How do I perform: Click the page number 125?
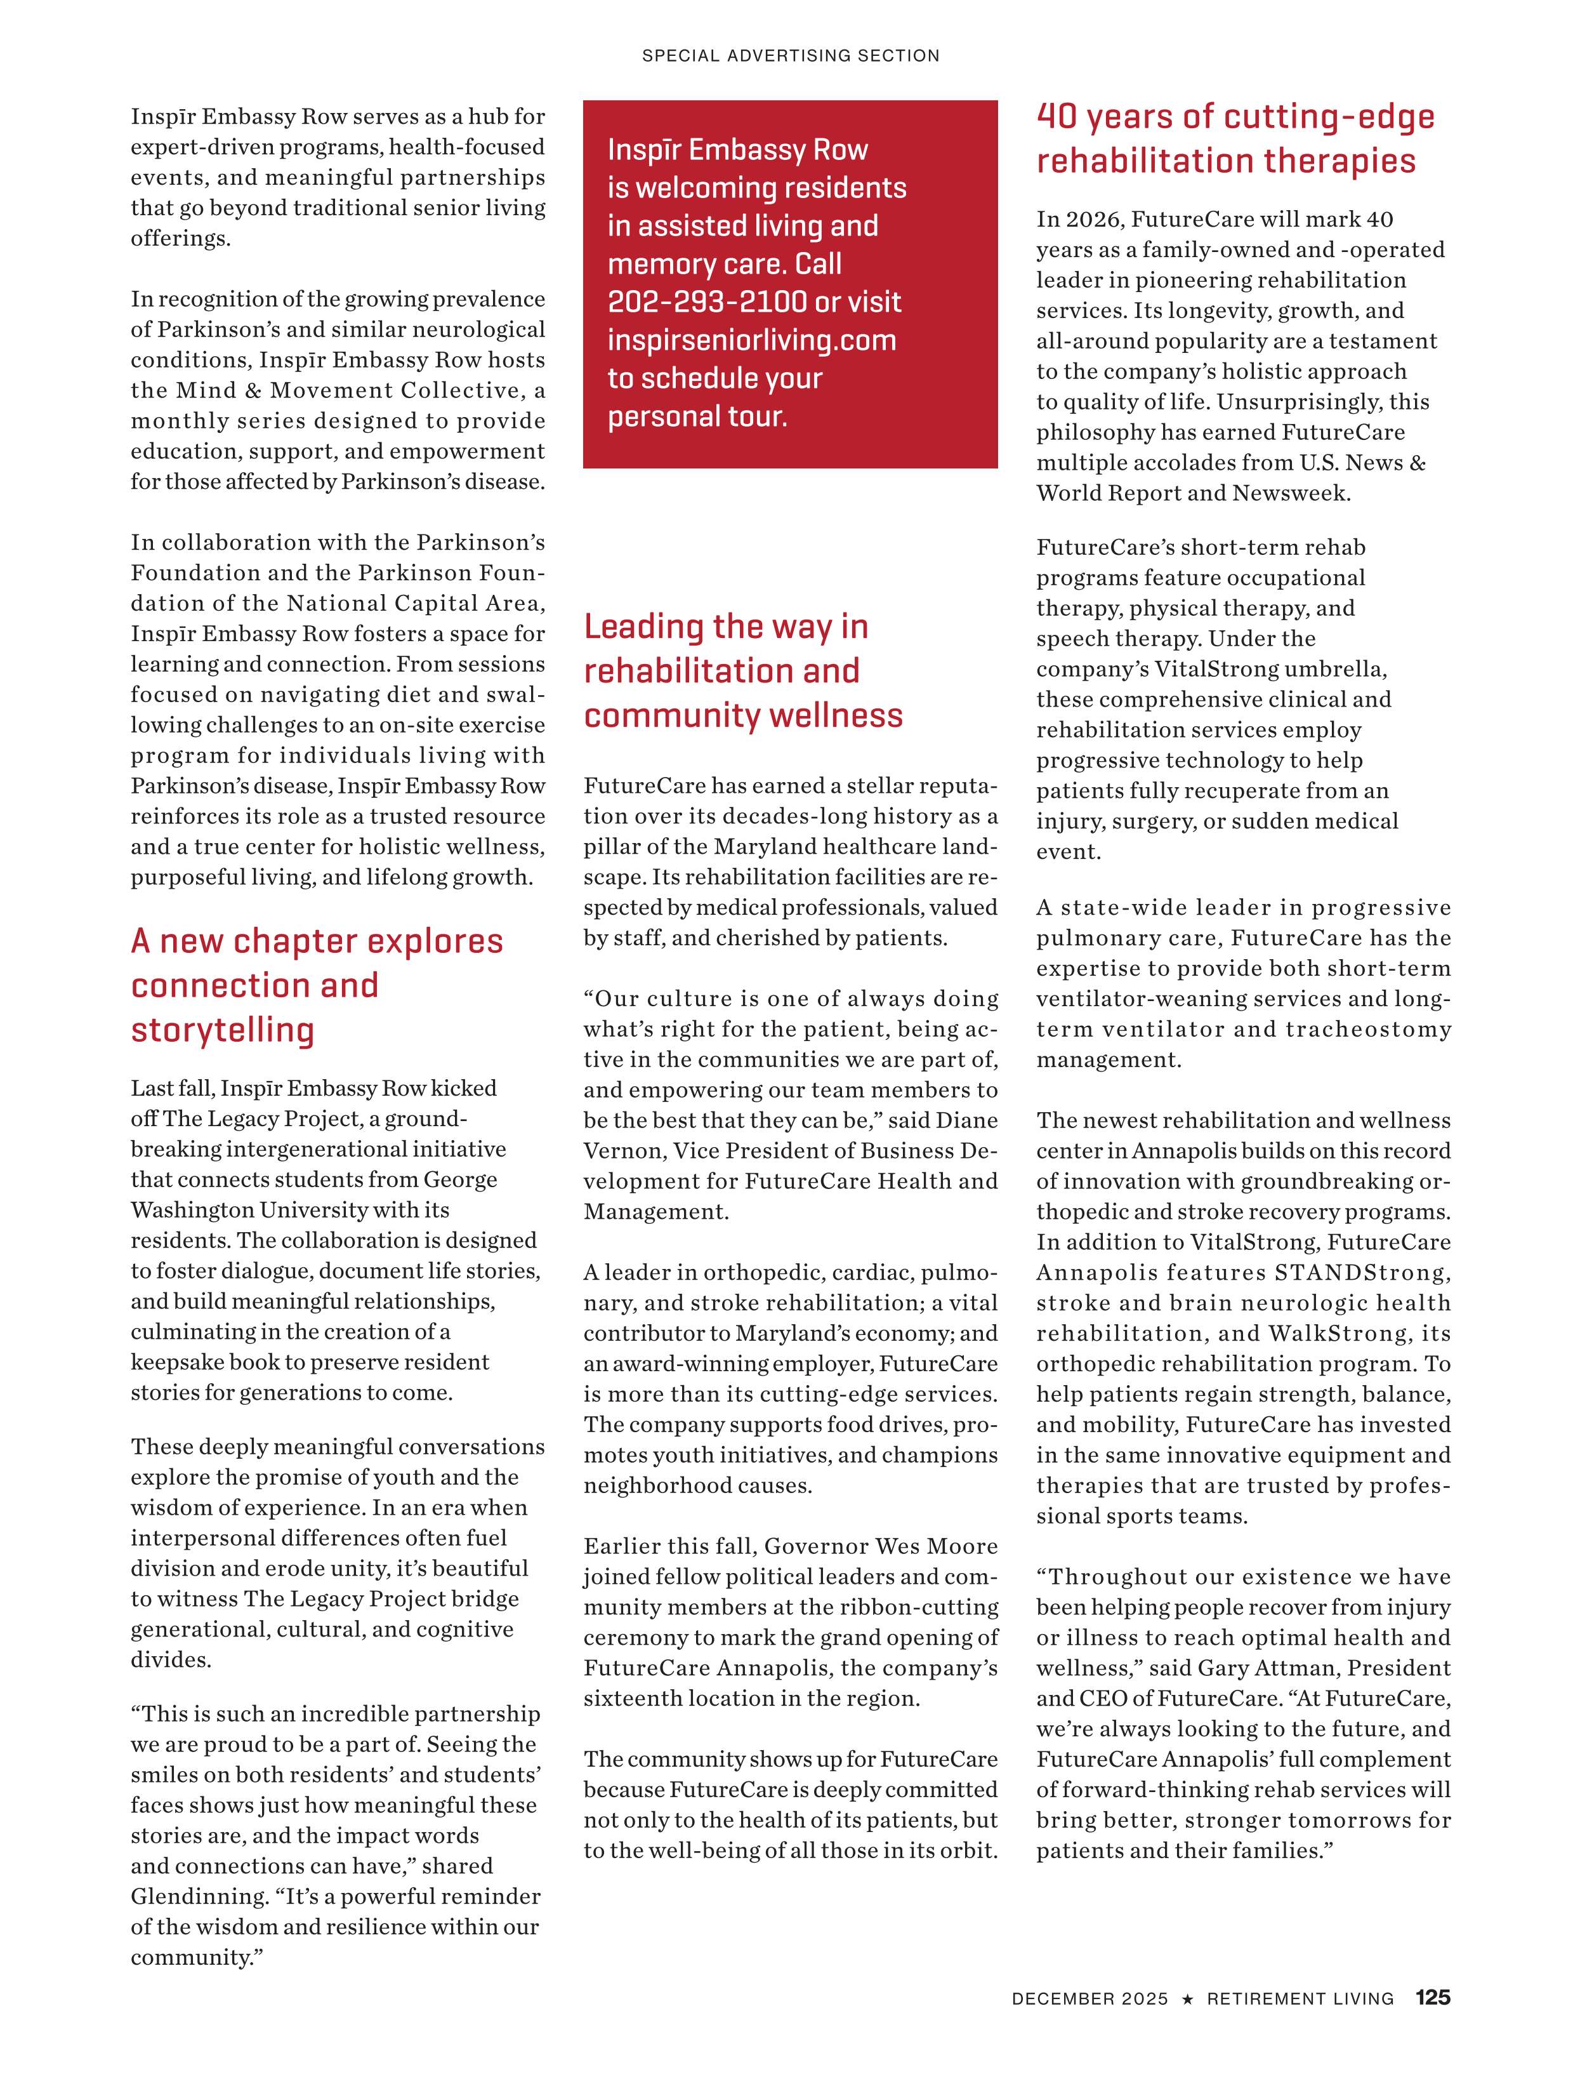[x=1432, y=2024]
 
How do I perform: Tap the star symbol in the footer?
[x=1188, y=2024]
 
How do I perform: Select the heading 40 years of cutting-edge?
[x=1235, y=117]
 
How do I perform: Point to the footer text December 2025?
[x=1089, y=2024]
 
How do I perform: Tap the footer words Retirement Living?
[x=1300, y=2024]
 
